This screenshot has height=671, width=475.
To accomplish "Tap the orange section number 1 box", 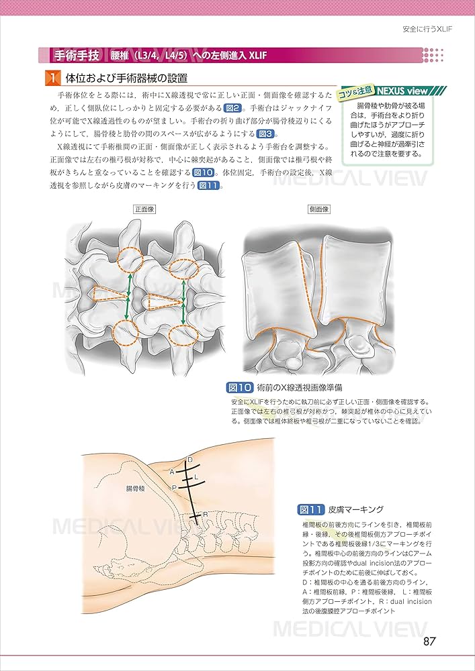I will [x=52, y=79].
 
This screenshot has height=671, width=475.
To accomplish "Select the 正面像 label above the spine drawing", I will [x=144, y=209].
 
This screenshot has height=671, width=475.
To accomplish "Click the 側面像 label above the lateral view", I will [x=318, y=209].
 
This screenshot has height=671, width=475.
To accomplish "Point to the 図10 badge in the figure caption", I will [x=240, y=387].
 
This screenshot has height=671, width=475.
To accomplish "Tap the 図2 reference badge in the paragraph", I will [x=231, y=108].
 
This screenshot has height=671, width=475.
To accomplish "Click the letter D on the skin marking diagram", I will [x=190, y=459].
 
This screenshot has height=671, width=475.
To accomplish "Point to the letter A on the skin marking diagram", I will [x=172, y=471].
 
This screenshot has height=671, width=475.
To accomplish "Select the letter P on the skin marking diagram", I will [x=173, y=487].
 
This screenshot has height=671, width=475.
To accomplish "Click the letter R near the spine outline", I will [x=205, y=515].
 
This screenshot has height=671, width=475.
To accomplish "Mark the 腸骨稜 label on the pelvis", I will [x=135, y=490].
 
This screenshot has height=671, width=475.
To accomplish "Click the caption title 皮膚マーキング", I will [x=356, y=509].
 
